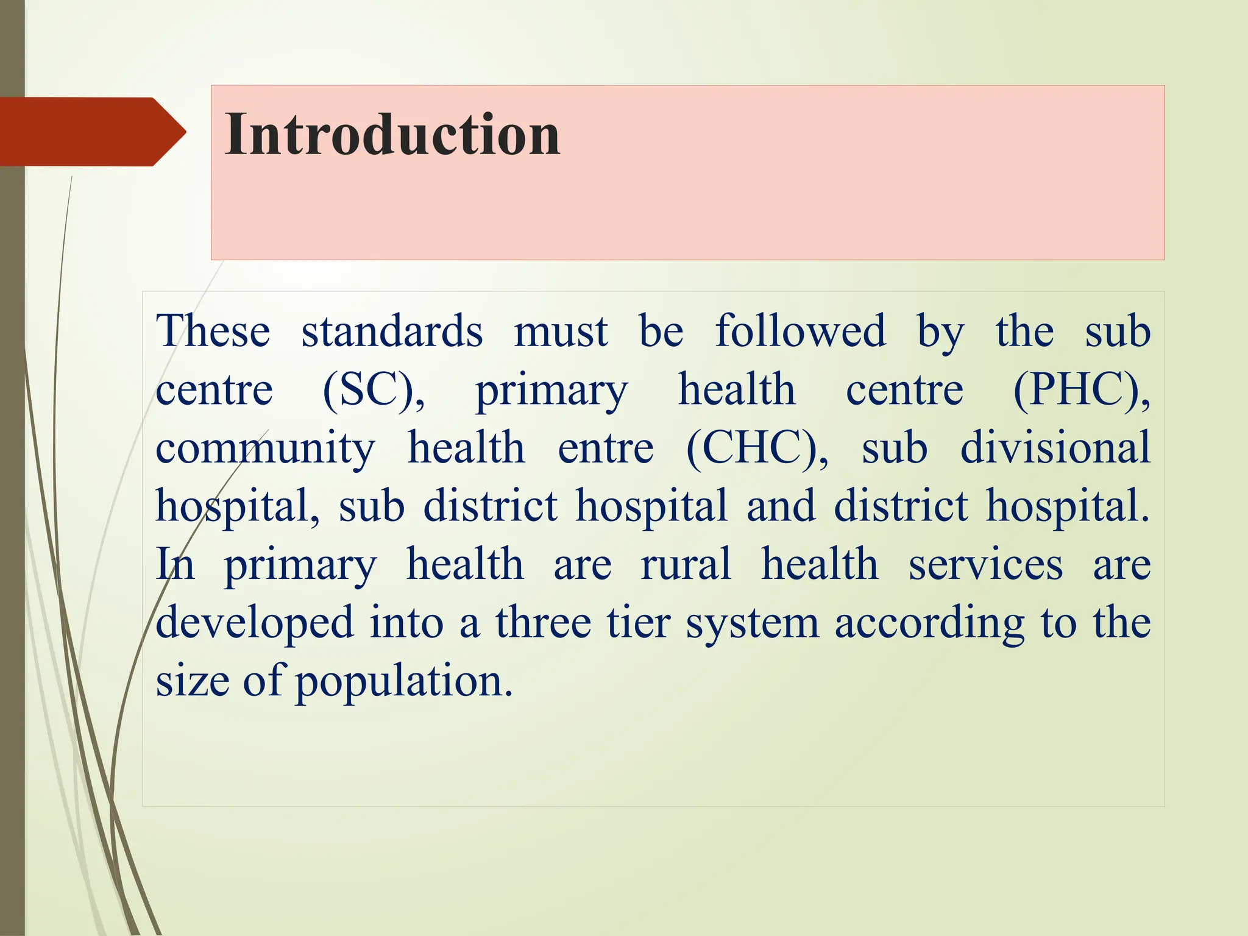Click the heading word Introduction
392,135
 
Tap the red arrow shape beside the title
91,132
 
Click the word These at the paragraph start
213,331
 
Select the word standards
392,331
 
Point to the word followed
800,331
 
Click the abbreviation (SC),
373,390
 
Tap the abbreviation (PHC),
1081,390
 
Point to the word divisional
1055,448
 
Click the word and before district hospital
781,506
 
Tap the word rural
686,564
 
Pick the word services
985,564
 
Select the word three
543,623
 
